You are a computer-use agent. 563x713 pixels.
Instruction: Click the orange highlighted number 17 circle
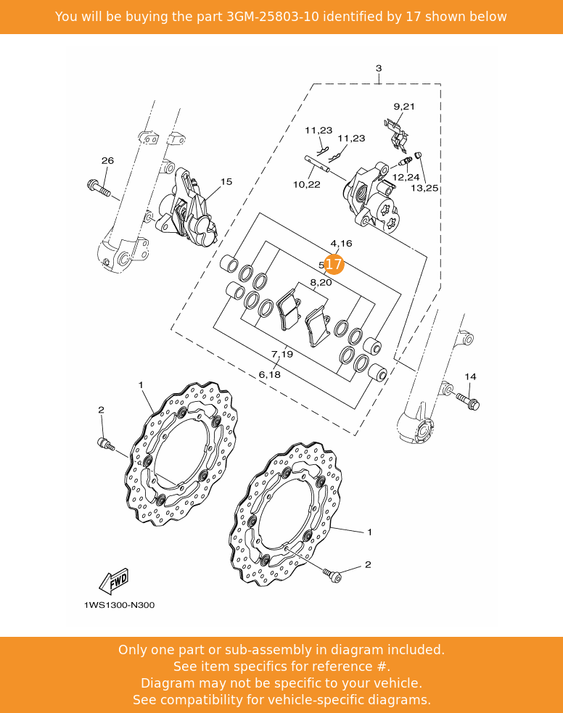click(x=333, y=265)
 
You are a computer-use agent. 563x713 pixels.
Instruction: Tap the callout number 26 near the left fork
click(x=107, y=160)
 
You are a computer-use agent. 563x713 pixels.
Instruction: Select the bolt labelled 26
click(x=98, y=189)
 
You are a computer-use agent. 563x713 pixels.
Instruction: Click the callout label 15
click(x=226, y=181)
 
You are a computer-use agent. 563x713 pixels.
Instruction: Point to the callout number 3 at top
click(x=378, y=68)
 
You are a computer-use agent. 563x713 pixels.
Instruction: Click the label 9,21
click(x=404, y=107)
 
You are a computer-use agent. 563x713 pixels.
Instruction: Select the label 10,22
click(x=306, y=185)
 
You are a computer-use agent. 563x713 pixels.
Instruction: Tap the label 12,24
click(x=406, y=177)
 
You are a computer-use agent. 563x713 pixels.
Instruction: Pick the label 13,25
click(x=425, y=188)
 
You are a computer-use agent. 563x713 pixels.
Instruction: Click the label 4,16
click(x=341, y=244)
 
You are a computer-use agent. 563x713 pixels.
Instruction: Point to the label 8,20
click(x=321, y=282)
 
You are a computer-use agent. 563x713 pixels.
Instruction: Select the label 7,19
click(x=282, y=354)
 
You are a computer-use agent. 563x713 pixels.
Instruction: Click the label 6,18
click(x=269, y=374)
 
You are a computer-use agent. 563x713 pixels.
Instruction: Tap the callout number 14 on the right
click(x=470, y=376)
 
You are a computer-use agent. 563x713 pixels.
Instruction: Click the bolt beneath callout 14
click(x=467, y=400)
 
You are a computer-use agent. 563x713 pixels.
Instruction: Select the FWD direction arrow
click(x=115, y=581)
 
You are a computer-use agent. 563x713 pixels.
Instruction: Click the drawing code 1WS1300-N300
click(x=119, y=605)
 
